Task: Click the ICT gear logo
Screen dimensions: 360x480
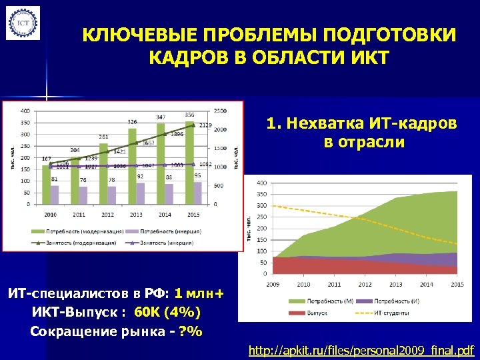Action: tap(23, 23)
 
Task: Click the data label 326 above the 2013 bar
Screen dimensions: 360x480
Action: tap(133, 122)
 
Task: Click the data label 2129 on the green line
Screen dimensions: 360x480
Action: tap(205, 125)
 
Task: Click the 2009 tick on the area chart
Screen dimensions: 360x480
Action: tap(273, 284)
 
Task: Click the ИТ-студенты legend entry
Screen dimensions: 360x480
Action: tap(387, 312)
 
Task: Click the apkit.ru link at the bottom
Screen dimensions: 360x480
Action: tap(361, 349)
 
